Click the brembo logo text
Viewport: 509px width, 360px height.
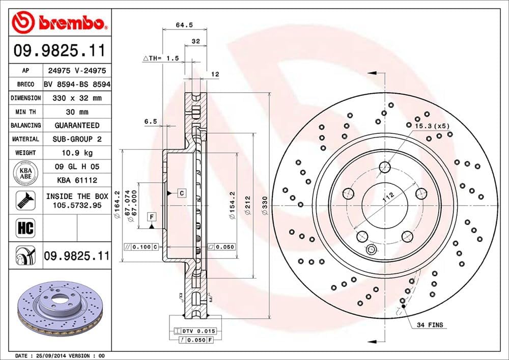click(x=76, y=22)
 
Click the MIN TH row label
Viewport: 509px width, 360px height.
click(x=25, y=112)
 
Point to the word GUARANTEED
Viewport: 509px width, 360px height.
click(x=77, y=125)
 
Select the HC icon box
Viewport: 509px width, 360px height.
click(x=25, y=228)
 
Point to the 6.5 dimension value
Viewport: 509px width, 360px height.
click(x=150, y=121)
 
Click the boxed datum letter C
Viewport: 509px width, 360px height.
click(x=181, y=192)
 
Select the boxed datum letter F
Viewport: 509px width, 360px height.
click(x=151, y=217)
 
